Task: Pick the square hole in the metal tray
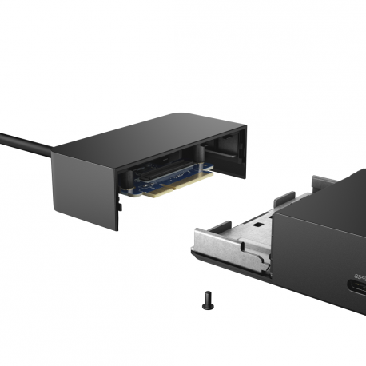tap(257, 225)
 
